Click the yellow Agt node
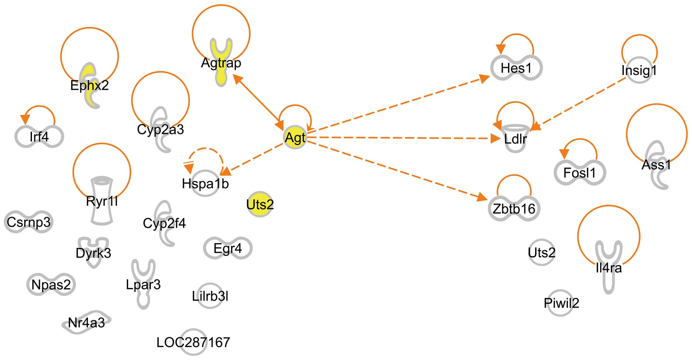click(x=295, y=138)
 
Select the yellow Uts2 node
click(x=260, y=204)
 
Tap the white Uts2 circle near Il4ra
click(x=541, y=253)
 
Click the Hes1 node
click(x=516, y=68)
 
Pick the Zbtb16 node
click(x=514, y=209)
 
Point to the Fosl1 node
click(x=580, y=172)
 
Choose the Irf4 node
click(x=39, y=137)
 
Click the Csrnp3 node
click(x=29, y=222)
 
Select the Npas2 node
click(x=51, y=284)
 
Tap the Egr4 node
click(x=228, y=248)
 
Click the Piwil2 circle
click(x=561, y=303)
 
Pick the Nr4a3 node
click(x=87, y=322)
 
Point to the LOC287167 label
click(x=193, y=342)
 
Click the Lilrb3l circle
click(x=210, y=296)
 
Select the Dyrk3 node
click(x=93, y=252)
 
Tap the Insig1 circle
click(x=639, y=71)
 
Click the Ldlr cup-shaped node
click(x=516, y=138)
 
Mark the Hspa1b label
click(x=205, y=183)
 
